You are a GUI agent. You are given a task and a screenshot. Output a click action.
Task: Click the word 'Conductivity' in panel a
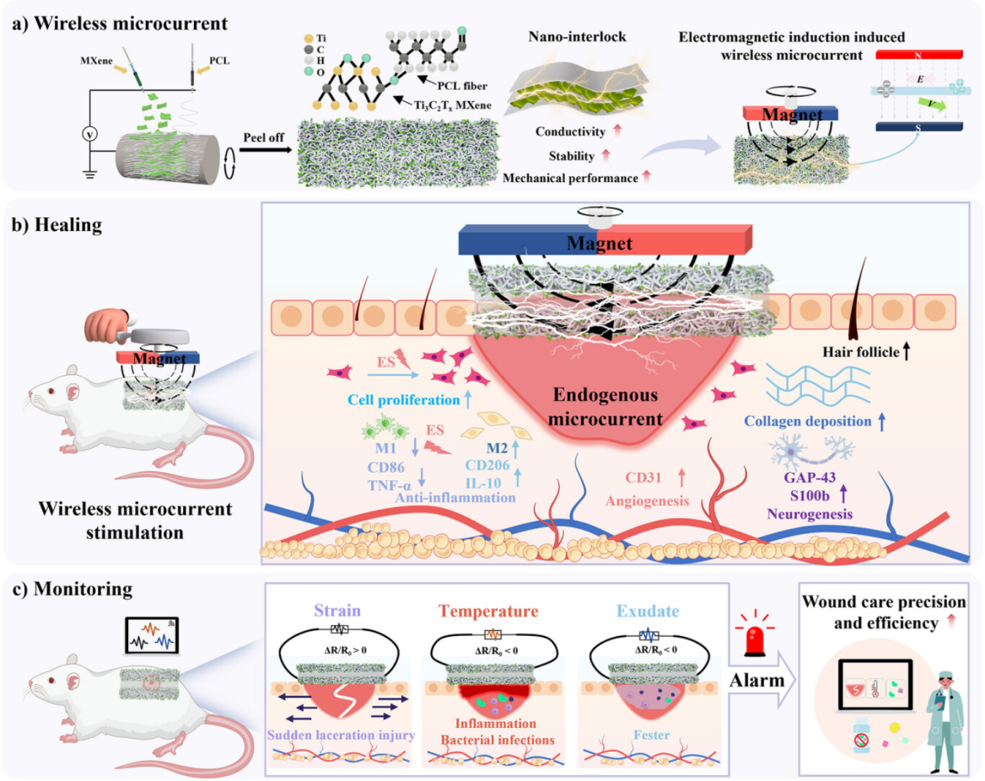(569, 132)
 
